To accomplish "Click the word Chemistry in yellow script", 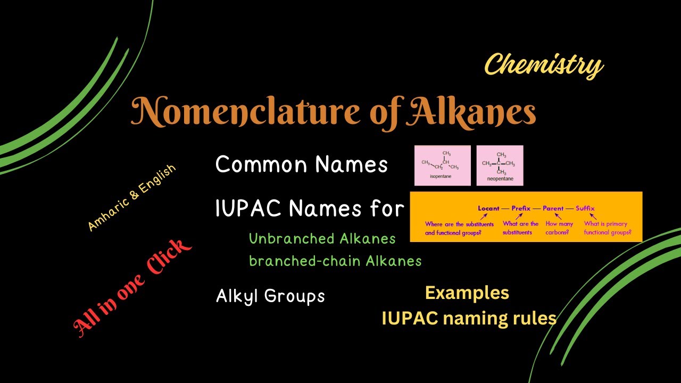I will point(543,65).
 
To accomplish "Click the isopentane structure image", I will point(442,165).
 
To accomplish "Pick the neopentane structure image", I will point(500,165).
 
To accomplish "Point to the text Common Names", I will point(301,165).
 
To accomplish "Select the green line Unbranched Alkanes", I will point(322,239).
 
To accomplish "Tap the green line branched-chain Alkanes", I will point(335,261).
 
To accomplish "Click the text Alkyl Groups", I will point(270,296).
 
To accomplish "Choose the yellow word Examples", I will point(467,293).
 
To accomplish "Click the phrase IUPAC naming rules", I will point(469,319).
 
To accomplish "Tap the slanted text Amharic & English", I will point(131,197).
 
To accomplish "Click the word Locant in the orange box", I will point(489,209).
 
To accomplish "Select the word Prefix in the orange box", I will point(521,209).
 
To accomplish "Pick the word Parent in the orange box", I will point(553,209).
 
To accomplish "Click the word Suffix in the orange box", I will point(585,209).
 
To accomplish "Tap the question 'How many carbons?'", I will point(559,228).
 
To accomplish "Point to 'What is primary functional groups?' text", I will point(608,228).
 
